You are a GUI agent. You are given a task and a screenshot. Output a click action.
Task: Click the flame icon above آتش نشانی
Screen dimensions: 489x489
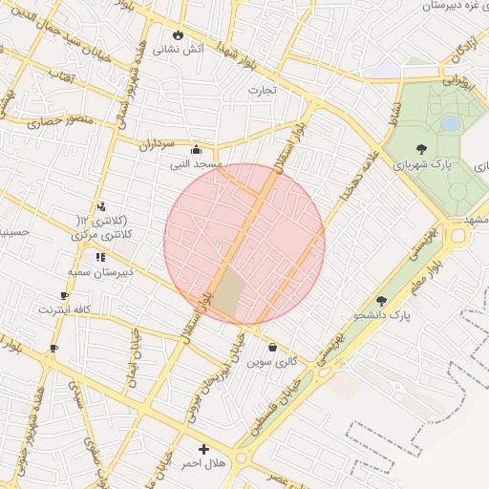click(177, 34)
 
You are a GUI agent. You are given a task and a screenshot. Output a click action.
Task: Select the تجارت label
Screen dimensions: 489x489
click(262, 91)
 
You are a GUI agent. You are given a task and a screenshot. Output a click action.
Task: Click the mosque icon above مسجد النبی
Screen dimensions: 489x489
click(196, 149)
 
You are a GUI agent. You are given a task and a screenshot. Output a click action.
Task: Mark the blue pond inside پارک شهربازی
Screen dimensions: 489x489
click(450, 123)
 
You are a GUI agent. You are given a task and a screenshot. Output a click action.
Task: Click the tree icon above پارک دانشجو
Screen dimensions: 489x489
click(382, 301)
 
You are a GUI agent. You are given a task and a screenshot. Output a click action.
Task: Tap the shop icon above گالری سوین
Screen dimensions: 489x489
click(273, 349)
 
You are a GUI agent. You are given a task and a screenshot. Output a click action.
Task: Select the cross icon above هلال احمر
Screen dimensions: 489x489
click(202, 449)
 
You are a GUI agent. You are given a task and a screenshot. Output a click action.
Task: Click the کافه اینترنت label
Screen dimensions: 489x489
click(64, 309)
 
